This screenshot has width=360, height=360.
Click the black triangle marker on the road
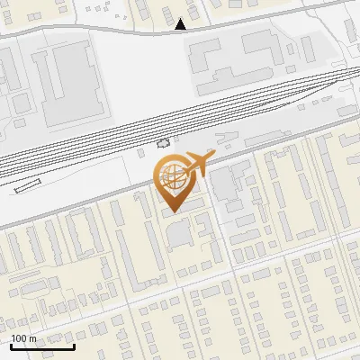[181, 25]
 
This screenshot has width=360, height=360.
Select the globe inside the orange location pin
[172, 177]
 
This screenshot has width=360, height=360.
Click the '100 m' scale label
[23, 338]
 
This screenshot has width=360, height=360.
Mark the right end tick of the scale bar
[73, 345]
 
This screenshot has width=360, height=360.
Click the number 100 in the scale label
[19, 338]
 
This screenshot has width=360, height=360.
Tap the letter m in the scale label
[32, 338]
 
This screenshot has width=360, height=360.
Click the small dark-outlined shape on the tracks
[163, 142]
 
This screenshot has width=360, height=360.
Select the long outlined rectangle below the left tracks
[28, 187]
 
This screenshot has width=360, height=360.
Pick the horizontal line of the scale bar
[41, 346]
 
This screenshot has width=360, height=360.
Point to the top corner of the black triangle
[181, 20]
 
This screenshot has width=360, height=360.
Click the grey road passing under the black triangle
[135, 31]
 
